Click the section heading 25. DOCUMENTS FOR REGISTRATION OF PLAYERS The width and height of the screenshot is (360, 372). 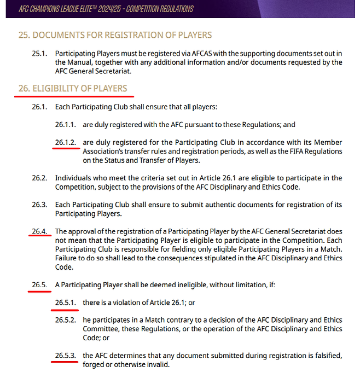(115, 35)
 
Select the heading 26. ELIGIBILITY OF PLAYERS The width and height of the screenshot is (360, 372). (73, 88)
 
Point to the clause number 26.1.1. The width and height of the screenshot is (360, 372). (66, 124)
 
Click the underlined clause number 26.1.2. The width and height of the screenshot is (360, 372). (66, 142)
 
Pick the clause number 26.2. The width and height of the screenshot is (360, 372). (40, 178)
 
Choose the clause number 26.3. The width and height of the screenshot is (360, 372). (40, 205)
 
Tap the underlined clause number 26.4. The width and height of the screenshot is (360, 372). (40, 231)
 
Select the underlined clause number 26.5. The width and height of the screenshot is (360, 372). (40, 284)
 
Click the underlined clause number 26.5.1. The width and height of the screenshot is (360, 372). (66, 303)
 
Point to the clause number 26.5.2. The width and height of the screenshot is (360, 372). (66, 320)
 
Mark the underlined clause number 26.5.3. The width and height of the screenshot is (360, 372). (66, 356)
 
